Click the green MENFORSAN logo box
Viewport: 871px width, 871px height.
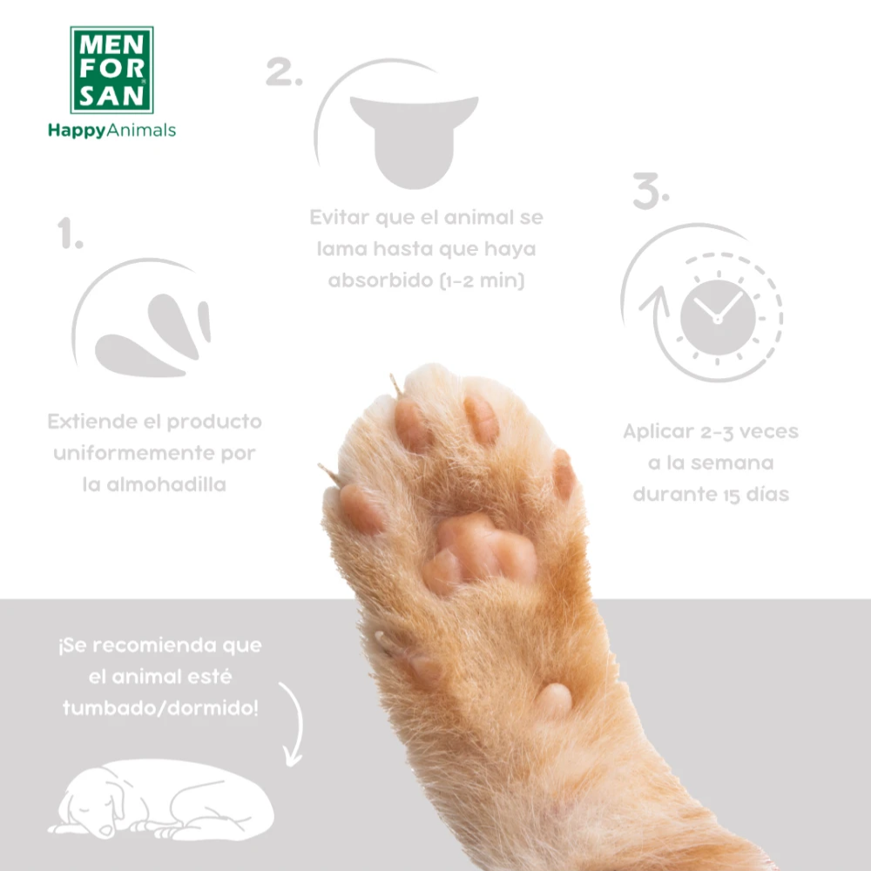(x=111, y=70)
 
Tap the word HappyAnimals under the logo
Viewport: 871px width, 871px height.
(x=111, y=131)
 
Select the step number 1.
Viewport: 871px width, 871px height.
(x=70, y=235)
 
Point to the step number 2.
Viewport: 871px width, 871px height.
(x=283, y=73)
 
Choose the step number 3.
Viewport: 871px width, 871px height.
(x=650, y=192)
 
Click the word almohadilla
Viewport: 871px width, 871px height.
(x=154, y=484)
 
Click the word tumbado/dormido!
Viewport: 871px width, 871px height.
(x=160, y=707)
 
